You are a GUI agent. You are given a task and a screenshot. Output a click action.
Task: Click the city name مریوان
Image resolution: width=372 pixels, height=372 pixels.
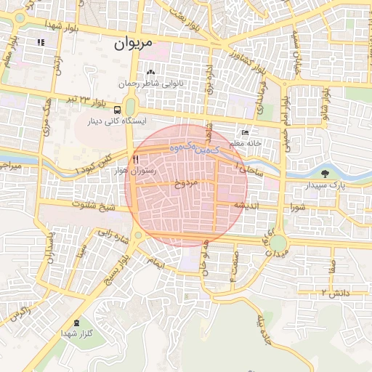(x=134, y=43)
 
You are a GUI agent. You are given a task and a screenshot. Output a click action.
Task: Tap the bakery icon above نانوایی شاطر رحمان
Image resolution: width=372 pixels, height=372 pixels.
(x=150, y=72)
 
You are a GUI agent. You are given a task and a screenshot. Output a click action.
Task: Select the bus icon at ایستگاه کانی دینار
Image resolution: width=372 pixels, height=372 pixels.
(x=118, y=110)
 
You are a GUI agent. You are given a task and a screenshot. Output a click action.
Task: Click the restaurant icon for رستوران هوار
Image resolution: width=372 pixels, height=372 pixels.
(x=134, y=160)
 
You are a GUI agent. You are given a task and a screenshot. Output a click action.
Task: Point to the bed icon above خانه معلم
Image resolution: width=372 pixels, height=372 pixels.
(x=245, y=133)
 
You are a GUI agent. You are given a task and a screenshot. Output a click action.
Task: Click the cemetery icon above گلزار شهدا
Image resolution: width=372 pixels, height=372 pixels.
(x=78, y=323)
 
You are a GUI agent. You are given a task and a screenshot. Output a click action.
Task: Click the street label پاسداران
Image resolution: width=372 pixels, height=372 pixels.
(x=49, y=248)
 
